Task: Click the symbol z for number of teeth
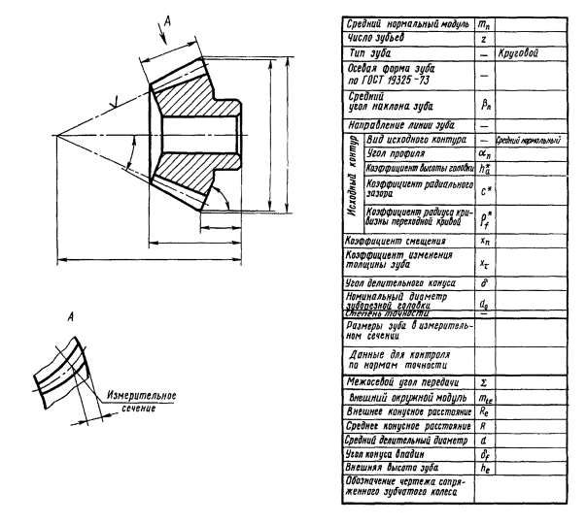coord(483,38)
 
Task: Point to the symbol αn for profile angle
coord(483,153)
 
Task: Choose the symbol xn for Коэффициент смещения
coord(483,240)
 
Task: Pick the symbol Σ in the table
coord(483,383)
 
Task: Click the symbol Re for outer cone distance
coord(483,411)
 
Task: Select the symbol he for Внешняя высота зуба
coord(483,466)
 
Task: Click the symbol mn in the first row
coord(483,21)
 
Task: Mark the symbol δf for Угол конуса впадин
coord(483,451)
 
